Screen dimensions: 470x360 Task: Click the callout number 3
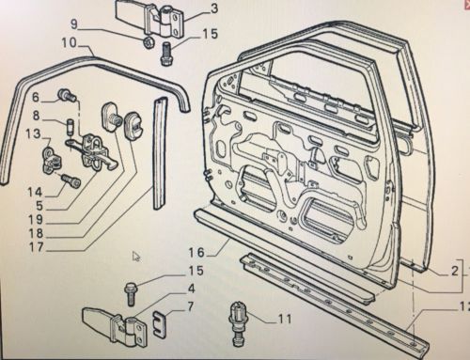213,8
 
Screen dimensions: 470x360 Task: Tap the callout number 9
74,23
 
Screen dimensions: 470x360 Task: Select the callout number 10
69,42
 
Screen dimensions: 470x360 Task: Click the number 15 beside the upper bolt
210,34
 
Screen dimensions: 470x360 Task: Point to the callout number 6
36,97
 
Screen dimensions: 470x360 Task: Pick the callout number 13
34,133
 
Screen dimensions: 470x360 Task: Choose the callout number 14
35,192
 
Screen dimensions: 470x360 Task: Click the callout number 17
36,247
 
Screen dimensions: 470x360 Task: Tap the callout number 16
196,252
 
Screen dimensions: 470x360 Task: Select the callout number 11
285,319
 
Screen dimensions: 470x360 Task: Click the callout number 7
190,306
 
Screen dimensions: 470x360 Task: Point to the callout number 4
191,289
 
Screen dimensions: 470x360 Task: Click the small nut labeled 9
148,42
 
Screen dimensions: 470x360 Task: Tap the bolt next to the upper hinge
165,54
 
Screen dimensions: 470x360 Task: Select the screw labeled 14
70,180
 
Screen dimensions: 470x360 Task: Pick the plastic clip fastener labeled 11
238,322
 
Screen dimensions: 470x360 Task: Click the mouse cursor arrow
136,256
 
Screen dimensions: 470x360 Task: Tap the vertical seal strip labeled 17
160,152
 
